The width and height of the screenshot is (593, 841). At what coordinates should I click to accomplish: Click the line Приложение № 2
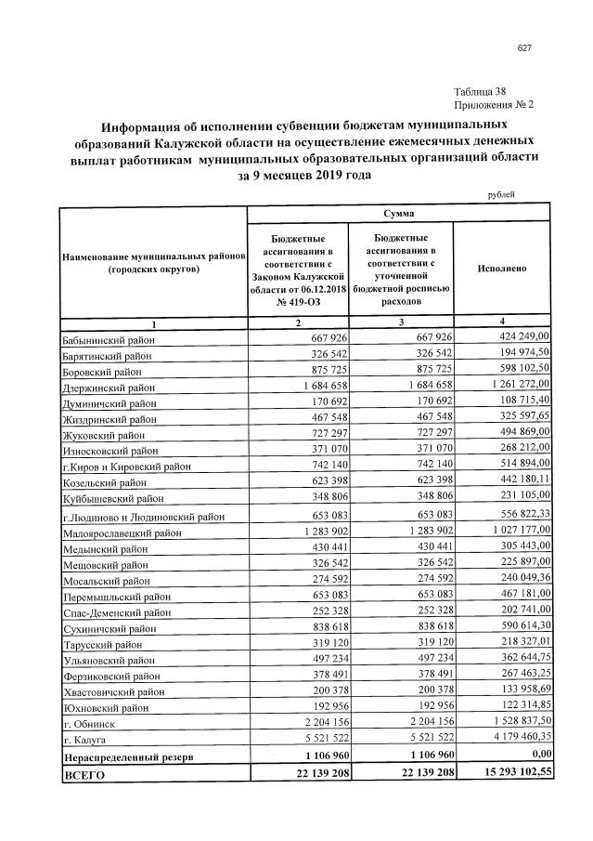(x=494, y=104)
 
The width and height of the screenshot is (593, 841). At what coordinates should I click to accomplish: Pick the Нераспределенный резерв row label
(x=128, y=757)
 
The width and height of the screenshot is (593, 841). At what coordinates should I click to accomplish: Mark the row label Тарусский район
(x=102, y=644)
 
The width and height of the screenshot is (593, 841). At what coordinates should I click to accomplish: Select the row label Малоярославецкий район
(x=121, y=532)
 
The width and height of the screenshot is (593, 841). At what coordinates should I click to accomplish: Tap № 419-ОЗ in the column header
(x=298, y=301)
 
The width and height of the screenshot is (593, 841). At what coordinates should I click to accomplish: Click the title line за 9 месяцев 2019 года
(x=303, y=176)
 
